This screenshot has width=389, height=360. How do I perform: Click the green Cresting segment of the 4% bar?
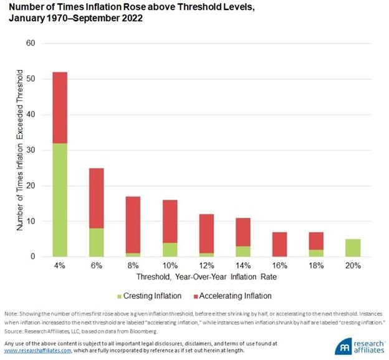[x=59, y=200]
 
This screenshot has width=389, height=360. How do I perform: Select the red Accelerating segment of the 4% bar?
[x=59, y=107]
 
